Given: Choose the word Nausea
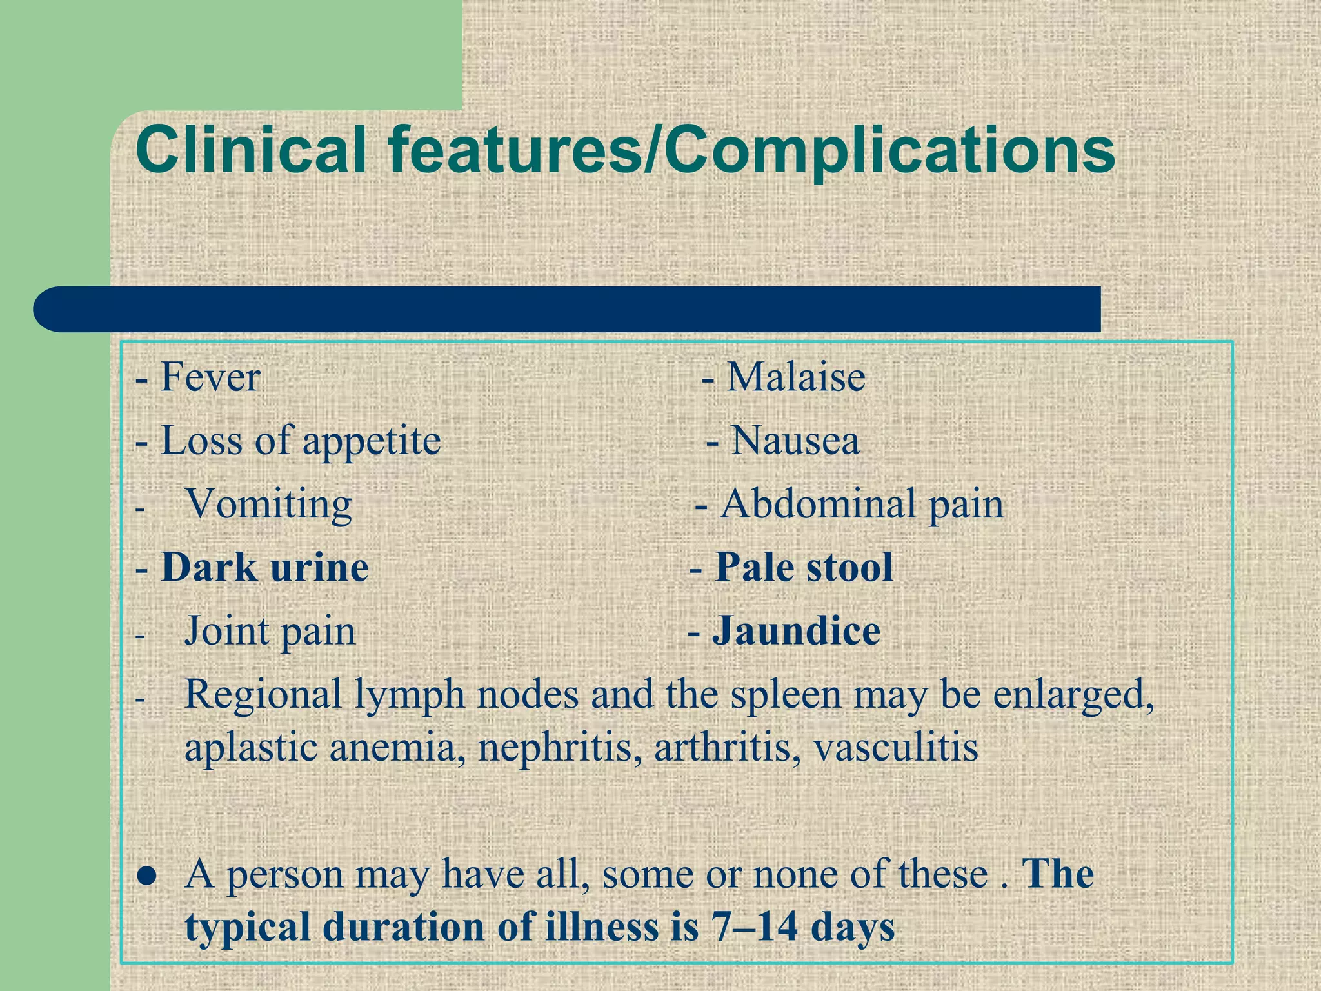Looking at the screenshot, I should point(795,441).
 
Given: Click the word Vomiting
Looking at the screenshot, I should point(268,505).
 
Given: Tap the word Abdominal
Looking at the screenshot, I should point(818,504).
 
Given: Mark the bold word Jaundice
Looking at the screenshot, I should point(796,631).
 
